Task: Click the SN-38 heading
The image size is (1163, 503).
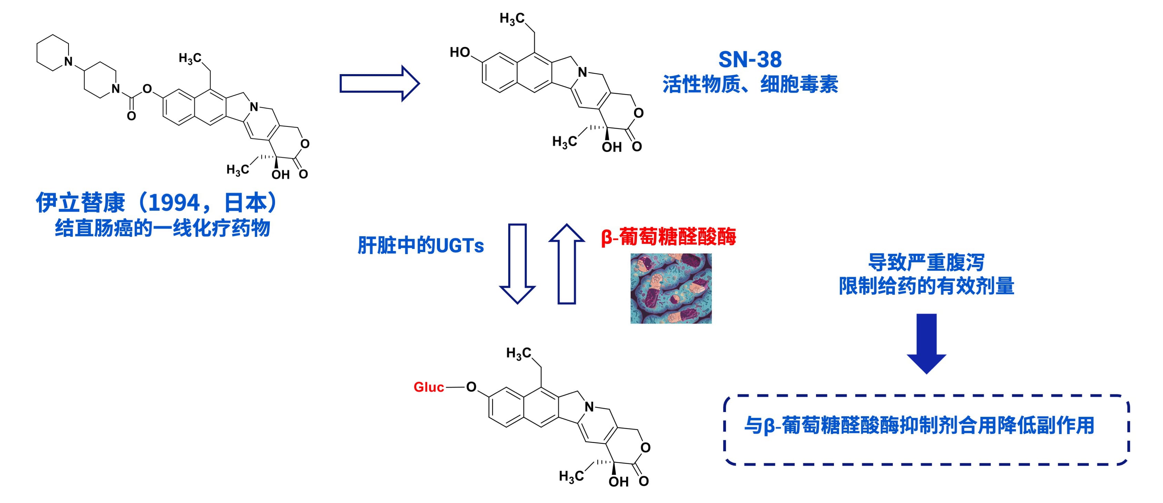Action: (750, 59)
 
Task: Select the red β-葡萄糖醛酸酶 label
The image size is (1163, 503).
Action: (668, 237)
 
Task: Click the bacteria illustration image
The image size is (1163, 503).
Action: (671, 288)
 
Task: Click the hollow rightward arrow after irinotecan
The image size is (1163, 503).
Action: (380, 83)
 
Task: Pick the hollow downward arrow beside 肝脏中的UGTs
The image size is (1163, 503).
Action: (517, 264)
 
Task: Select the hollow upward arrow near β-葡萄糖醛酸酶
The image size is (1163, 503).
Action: (567, 264)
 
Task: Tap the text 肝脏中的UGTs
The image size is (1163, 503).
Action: (421, 245)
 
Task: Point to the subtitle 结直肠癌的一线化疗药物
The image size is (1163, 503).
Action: (163, 228)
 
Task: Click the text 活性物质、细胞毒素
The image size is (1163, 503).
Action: (751, 84)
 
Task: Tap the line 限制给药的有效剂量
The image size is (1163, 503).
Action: (926, 286)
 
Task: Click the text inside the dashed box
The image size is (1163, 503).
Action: (919, 425)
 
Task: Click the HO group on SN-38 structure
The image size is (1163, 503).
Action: (460, 52)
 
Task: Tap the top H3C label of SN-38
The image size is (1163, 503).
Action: (512, 19)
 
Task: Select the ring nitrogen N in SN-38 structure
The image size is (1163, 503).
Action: (583, 72)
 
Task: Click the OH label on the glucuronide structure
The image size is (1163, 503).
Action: (619, 482)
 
